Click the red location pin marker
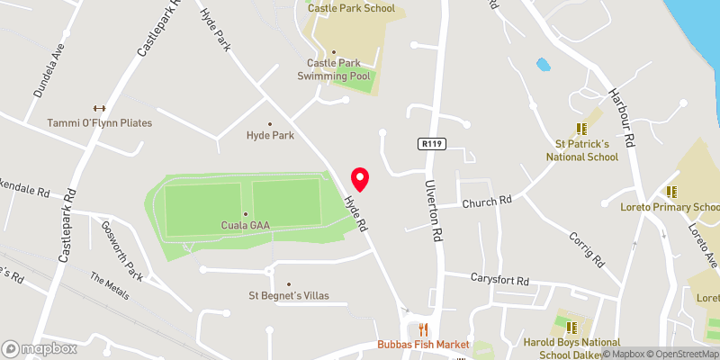click(x=360, y=178)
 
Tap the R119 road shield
click(x=430, y=143)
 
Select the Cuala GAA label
click(x=245, y=224)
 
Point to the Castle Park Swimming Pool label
click(x=334, y=69)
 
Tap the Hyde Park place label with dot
click(x=270, y=135)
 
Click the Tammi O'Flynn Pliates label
click(x=100, y=122)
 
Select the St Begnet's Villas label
click(x=289, y=295)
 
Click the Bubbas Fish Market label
click(x=424, y=345)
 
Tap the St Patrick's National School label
click(x=582, y=149)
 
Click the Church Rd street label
click(x=487, y=201)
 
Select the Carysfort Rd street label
click(x=499, y=279)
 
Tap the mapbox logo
click(x=40, y=348)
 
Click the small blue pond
click(x=543, y=65)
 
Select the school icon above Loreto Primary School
click(x=671, y=191)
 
